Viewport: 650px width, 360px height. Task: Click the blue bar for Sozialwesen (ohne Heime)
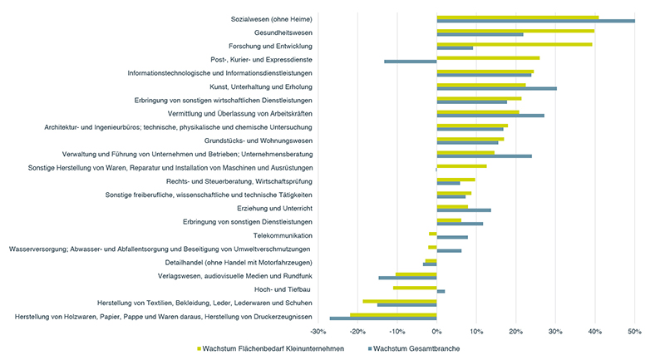tap(535, 21)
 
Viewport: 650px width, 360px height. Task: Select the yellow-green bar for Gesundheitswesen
tap(515, 30)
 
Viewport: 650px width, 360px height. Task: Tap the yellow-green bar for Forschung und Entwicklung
tap(515, 44)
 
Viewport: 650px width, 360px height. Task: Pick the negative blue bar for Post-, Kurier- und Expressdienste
tap(410, 62)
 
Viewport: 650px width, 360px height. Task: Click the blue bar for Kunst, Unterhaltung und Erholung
tap(496, 88)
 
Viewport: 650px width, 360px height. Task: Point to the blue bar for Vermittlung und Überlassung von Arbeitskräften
tap(490, 116)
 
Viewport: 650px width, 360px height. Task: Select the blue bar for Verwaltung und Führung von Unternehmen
tap(484, 156)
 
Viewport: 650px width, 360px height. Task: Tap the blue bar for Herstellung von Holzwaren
tap(383, 318)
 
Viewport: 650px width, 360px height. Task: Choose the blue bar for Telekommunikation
tap(452, 237)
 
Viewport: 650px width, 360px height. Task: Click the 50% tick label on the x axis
tap(634, 332)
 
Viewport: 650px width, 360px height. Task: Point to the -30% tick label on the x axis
tap(318, 332)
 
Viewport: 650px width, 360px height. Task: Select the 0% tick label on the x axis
tap(436, 332)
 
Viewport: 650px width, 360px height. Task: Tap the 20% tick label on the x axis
tap(515, 332)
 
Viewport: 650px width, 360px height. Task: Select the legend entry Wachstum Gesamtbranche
tap(416, 348)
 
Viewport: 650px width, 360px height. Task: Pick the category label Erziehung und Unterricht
tap(274, 208)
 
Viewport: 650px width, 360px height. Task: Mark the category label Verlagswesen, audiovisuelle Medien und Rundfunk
tap(235, 275)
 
